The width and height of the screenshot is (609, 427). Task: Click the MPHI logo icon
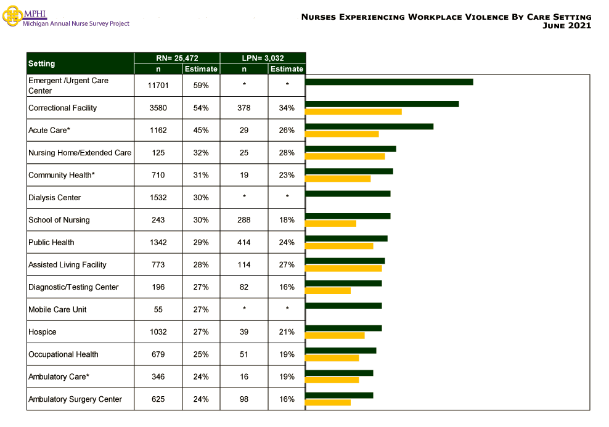click(12, 17)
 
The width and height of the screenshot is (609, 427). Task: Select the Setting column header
click(80, 63)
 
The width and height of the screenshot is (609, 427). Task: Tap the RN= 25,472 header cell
click(177, 58)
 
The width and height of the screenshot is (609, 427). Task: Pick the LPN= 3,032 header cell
click(263, 58)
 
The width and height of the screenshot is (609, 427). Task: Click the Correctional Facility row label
click(62, 108)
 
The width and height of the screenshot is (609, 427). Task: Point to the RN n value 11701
click(158, 86)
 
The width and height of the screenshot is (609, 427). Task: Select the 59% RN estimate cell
click(201, 86)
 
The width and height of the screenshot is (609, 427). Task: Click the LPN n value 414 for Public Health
click(244, 242)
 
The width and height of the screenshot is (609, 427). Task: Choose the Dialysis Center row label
click(54, 198)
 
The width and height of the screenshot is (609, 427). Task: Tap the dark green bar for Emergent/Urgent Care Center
click(389, 82)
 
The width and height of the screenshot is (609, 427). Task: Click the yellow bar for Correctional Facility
click(353, 112)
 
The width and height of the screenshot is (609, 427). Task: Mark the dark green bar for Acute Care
click(369, 126)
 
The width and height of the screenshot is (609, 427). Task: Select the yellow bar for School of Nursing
click(331, 223)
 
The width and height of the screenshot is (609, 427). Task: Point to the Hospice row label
click(42, 332)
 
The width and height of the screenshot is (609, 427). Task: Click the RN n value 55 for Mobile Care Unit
click(158, 309)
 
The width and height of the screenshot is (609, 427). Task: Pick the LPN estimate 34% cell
click(287, 108)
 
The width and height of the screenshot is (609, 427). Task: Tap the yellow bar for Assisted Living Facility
click(343, 268)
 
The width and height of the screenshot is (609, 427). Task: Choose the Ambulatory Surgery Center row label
click(75, 399)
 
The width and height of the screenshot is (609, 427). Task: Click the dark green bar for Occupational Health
click(341, 351)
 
